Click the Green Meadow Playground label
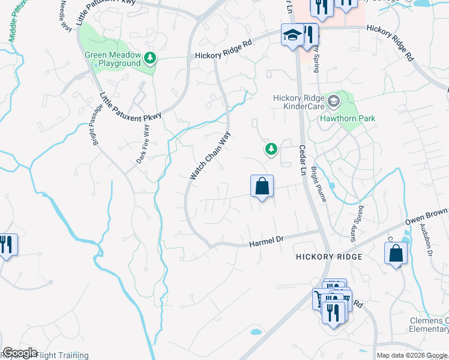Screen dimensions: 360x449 point(112,59)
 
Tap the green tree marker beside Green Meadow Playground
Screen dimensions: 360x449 point(150,59)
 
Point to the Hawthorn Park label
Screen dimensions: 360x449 point(348,118)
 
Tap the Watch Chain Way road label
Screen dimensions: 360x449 point(210,156)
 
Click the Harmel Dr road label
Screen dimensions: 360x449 point(266,242)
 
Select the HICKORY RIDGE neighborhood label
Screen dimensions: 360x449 point(329,256)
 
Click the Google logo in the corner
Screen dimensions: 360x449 point(20,353)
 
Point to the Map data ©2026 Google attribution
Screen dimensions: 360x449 point(411,356)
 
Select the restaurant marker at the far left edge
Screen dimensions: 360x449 point(7,245)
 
